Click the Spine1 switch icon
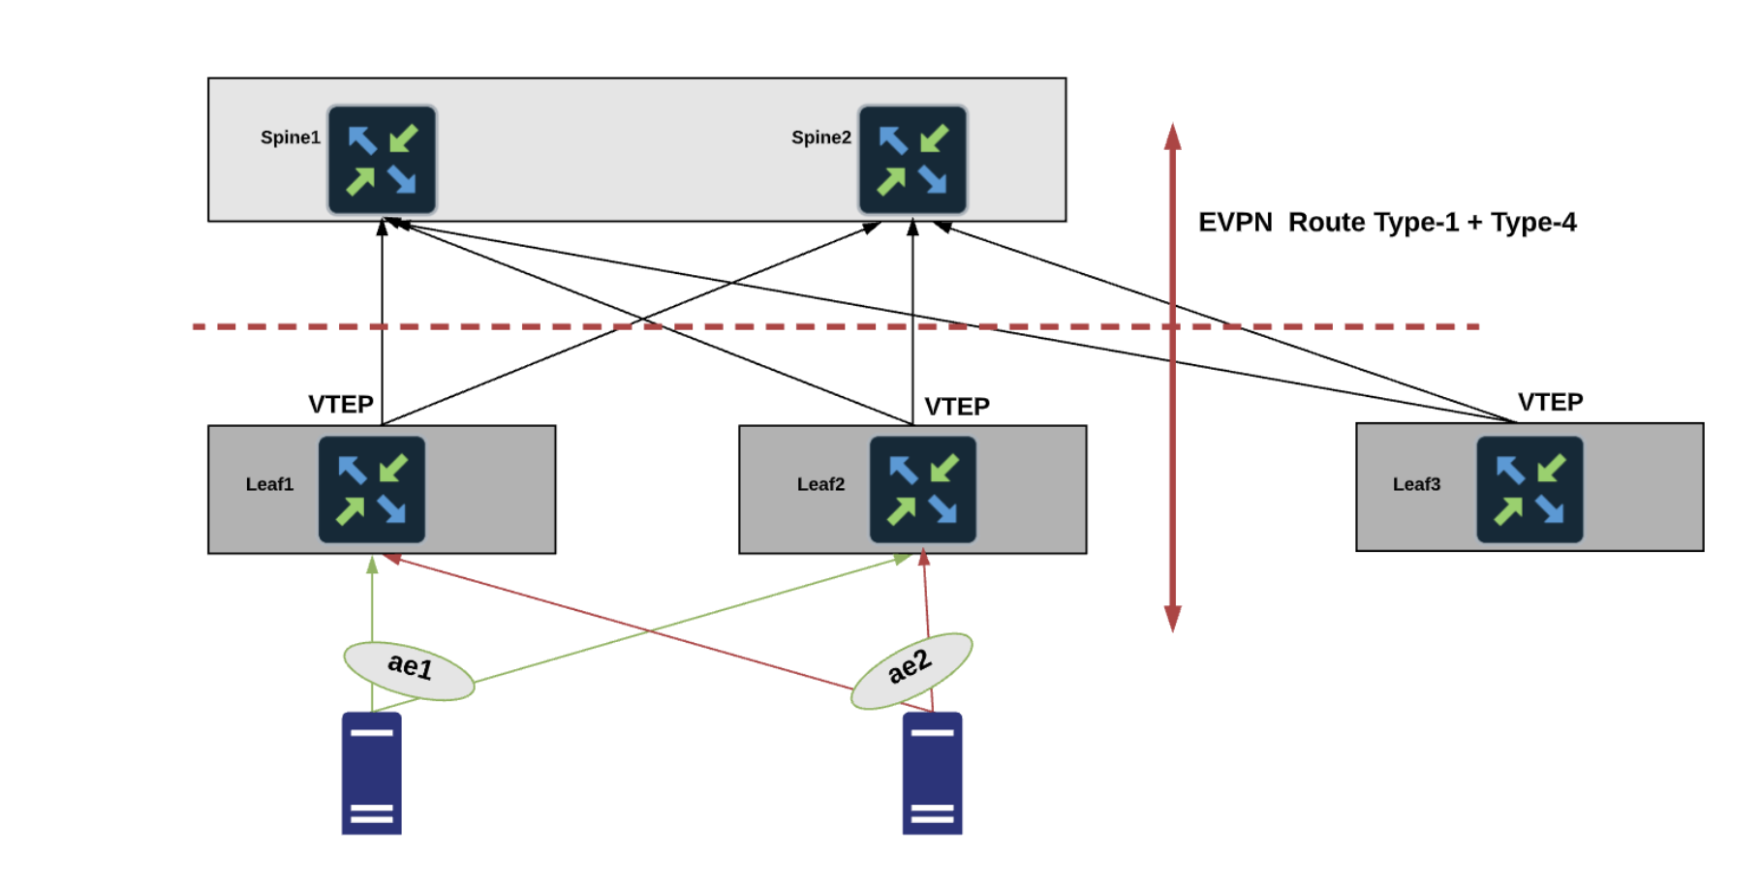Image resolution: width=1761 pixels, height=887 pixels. [x=382, y=160]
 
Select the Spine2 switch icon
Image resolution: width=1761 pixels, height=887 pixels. [x=912, y=160]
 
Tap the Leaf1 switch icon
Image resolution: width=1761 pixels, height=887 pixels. [x=372, y=489]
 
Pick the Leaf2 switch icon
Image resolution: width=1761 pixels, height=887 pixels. [x=922, y=489]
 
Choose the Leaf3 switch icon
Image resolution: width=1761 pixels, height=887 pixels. [x=1529, y=489]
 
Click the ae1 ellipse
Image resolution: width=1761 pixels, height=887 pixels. [x=409, y=670]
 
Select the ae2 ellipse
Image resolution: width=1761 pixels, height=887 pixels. [x=911, y=670]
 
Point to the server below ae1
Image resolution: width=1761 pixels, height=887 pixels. [x=371, y=774]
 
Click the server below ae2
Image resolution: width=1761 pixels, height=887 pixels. [x=932, y=774]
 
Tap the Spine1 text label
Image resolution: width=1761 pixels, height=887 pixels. [x=290, y=138]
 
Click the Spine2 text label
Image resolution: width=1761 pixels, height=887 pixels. [x=820, y=138]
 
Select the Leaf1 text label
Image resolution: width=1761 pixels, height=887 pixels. [x=269, y=484]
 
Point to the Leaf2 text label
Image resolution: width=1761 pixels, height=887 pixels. [x=820, y=484]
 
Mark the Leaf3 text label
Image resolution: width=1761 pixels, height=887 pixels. [x=1416, y=484]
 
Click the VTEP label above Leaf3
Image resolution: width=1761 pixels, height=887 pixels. [x=1550, y=402]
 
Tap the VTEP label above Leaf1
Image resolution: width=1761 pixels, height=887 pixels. [x=341, y=404]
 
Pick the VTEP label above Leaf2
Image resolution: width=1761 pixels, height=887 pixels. [x=957, y=407]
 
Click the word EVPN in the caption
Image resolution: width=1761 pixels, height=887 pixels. [x=1235, y=223]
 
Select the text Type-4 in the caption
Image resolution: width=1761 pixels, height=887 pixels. [x=1533, y=223]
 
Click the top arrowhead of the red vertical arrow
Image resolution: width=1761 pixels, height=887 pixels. [x=1172, y=137]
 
